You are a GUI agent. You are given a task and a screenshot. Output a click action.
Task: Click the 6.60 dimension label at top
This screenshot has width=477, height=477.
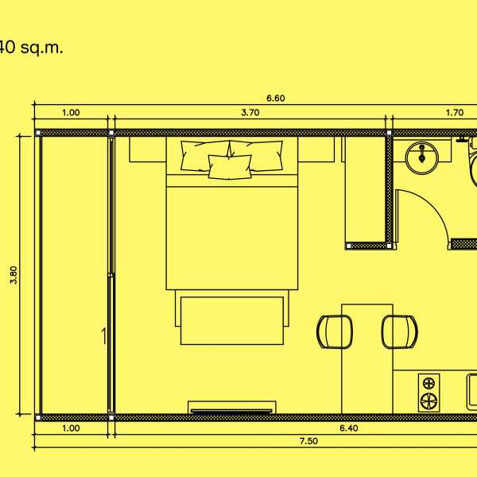[276, 99]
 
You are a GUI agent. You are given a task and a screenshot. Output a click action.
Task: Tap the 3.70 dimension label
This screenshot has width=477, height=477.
[250, 113]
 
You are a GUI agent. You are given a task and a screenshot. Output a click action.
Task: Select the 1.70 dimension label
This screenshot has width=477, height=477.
[455, 113]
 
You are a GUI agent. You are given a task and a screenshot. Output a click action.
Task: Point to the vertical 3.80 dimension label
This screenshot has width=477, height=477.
[14, 275]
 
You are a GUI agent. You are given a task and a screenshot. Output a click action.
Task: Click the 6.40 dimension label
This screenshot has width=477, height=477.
[349, 429]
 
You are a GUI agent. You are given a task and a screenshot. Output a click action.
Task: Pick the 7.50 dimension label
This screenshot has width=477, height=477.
[308, 441]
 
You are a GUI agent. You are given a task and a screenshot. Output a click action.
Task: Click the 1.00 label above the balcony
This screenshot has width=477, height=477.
[71, 113]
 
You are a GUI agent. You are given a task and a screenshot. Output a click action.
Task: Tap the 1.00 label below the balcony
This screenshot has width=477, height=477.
[71, 429]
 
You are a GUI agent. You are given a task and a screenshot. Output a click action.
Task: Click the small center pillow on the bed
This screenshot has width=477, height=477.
[230, 167]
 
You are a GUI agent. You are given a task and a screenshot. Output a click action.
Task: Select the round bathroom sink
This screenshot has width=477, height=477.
[422, 158]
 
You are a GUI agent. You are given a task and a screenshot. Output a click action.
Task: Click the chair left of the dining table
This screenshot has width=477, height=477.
[335, 332]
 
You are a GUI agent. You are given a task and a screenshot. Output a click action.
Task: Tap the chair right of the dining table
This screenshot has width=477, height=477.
[400, 332]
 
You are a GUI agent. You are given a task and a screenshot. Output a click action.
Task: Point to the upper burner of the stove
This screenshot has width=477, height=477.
[429, 383]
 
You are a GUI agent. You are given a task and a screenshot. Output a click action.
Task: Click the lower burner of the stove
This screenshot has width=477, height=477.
[429, 401]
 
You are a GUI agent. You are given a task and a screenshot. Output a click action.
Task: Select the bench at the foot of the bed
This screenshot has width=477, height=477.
[232, 320]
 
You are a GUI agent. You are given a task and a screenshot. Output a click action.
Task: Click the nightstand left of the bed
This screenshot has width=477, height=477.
[148, 149]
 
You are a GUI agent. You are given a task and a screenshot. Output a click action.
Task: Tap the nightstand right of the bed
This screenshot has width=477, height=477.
[316, 149]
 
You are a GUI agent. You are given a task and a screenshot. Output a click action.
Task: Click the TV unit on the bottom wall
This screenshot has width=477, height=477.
[232, 408]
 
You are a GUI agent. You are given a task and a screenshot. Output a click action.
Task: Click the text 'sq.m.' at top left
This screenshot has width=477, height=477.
[41, 48]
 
